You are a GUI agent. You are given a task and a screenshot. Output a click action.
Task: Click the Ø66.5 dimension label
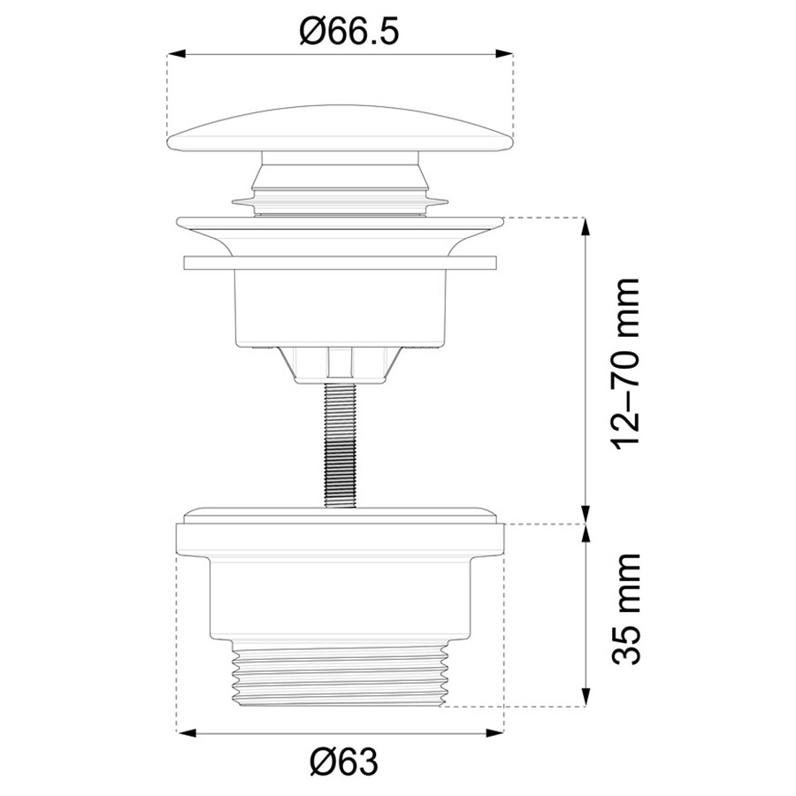click(x=349, y=30)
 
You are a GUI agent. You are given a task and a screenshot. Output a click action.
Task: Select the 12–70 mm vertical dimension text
click(x=625, y=363)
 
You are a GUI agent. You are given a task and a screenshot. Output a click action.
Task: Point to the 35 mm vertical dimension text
click(x=625, y=609)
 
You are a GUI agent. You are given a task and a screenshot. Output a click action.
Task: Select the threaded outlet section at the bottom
click(x=341, y=672)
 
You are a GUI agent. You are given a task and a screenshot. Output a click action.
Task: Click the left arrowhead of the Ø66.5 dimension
click(x=174, y=54)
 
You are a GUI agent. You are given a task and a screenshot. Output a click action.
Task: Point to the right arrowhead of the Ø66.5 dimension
click(x=504, y=54)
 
